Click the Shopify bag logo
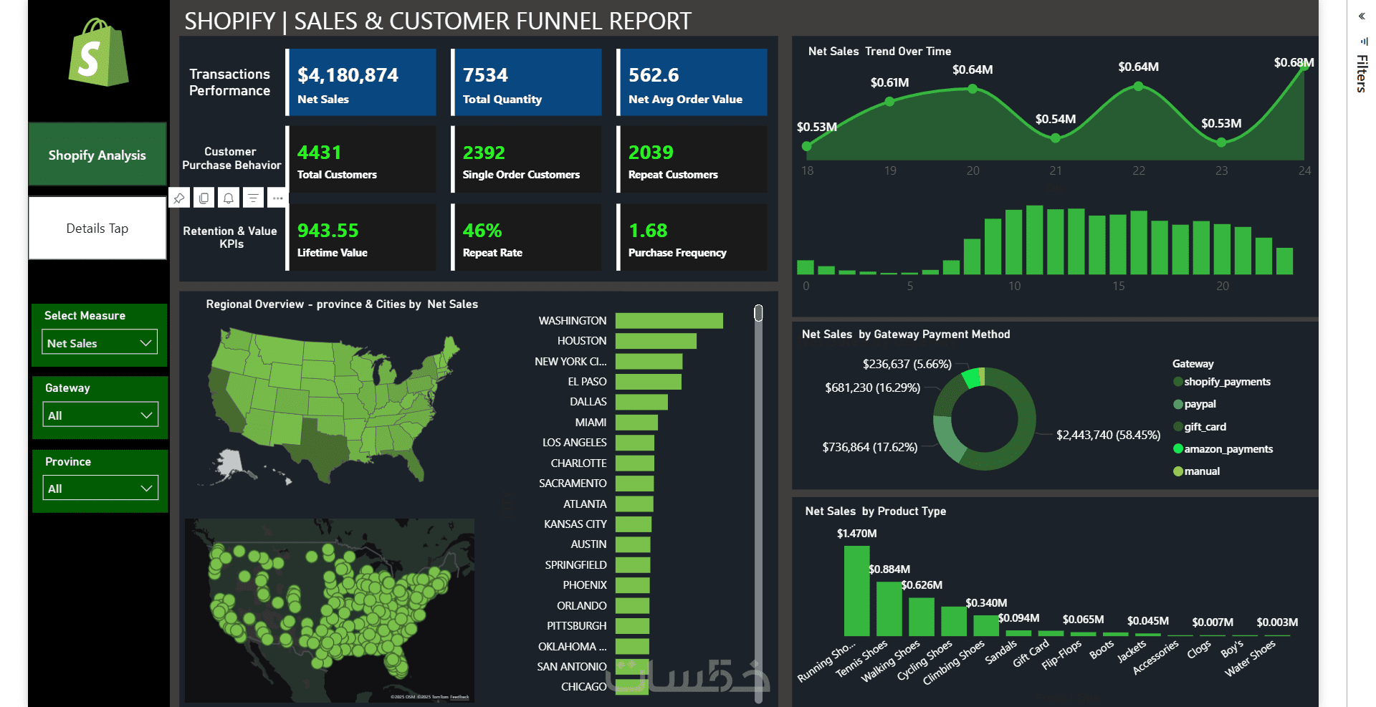pyautogui.click(x=98, y=54)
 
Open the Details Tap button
pyautogui.click(x=97, y=229)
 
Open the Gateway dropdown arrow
pyautogui.click(x=146, y=415)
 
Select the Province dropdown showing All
pyautogui.click(x=100, y=489)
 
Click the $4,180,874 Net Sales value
pyautogui.click(x=348, y=75)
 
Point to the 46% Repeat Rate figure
pyautogui.click(x=482, y=231)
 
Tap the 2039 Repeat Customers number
pyautogui.click(x=651, y=153)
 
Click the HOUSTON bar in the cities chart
pyautogui.click(x=656, y=341)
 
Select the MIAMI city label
pyautogui.click(x=591, y=423)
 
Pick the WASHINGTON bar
pyautogui.click(x=669, y=321)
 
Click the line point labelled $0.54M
pyautogui.click(x=1055, y=138)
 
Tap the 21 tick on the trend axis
pyautogui.click(x=1056, y=171)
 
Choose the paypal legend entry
pyautogui.click(x=1200, y=404)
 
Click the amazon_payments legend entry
pyautogui.click(x=1228, y=449)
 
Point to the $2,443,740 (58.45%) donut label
pyautogui.click(x=1108, y=436)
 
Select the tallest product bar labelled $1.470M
pyautogui.click(x=856, y=591)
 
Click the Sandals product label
pyautogui.click(x=1000, y=653)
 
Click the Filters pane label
pyautogui.click(x=1362, y=73)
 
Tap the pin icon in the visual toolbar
pyautogui.click(x=179, y=198)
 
